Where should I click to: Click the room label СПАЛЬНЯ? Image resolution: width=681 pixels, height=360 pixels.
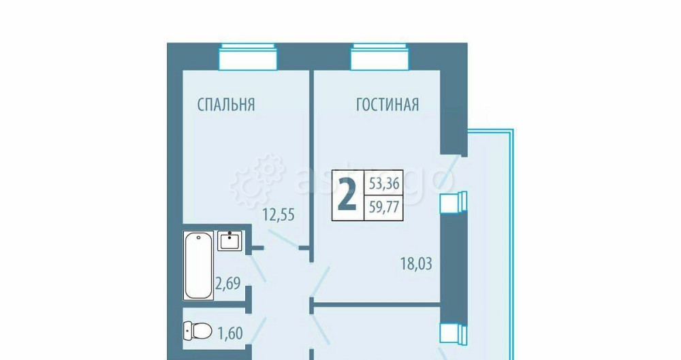(225, 105)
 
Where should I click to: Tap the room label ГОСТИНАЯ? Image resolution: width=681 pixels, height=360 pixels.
(387, 105)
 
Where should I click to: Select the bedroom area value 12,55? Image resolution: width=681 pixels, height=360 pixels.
(279, 216)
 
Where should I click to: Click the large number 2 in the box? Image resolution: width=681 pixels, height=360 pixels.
(347, 195)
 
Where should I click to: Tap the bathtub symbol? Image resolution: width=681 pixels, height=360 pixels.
(198, 265)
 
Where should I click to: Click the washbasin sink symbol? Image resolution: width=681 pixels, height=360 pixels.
(230, 241)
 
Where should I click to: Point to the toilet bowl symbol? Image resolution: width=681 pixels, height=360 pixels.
(197, 331)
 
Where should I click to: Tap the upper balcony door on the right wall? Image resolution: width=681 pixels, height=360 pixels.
(454, 202)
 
